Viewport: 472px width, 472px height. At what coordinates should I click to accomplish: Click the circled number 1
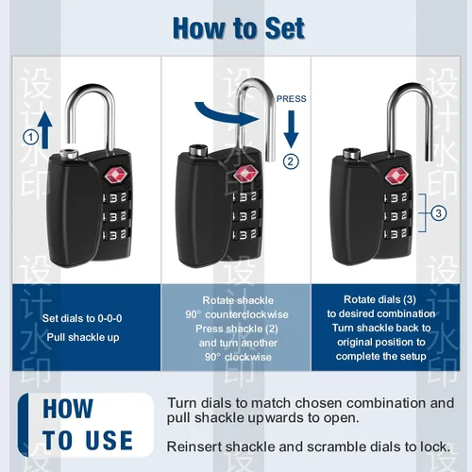pos(31,138)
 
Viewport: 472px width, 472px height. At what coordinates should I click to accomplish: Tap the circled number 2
pos(291,161)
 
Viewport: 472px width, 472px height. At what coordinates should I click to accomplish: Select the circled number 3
pos(439,213)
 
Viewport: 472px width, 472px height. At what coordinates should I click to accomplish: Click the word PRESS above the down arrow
pos(291,99)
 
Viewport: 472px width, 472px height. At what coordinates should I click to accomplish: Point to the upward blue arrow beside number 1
pos(45,129)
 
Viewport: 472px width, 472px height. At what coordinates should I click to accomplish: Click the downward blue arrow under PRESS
pos(291,129)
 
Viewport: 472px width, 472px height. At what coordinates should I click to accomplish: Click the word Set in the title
pos(285,28)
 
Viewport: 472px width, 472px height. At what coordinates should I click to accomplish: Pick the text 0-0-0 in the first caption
pos(110,318)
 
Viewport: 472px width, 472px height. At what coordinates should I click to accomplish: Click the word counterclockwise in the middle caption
pos(246,314)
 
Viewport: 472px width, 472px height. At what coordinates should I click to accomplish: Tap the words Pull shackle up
pos(83,337)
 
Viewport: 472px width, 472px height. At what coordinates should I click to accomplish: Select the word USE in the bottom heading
pos(110,440)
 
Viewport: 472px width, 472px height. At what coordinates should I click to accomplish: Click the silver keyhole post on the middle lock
pos(198,150)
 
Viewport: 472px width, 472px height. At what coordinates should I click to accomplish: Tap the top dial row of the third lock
pos(397,197)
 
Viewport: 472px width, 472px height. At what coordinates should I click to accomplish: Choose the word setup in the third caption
pos(413,356)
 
